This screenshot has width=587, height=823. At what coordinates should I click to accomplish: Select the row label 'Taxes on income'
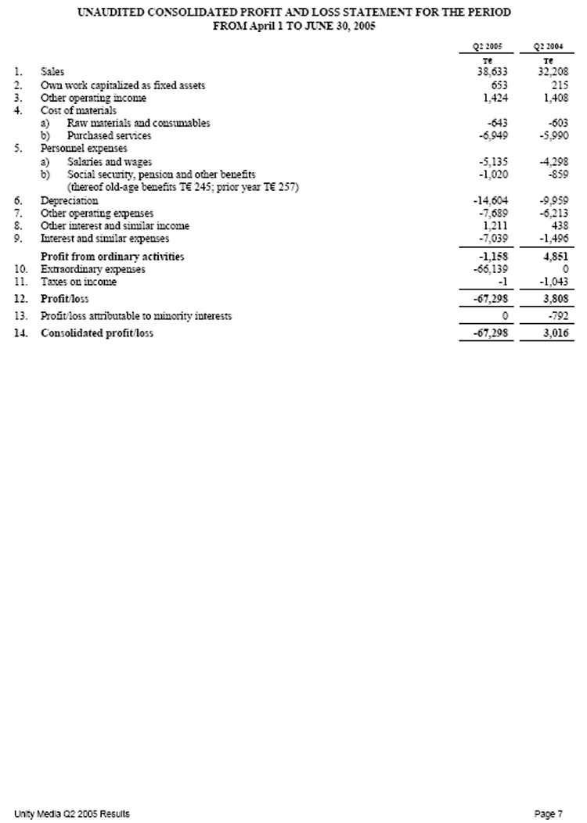[78, 282]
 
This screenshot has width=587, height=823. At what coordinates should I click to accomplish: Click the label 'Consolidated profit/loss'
[97, 334]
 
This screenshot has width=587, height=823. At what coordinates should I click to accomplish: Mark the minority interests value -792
[558, 317]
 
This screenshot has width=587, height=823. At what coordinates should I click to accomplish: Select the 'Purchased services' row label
[110, 135]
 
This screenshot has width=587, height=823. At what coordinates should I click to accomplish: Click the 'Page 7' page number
[549, 814]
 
